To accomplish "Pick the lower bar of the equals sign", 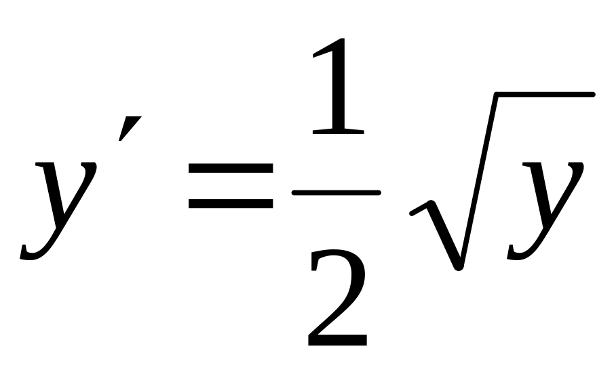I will point(231,203).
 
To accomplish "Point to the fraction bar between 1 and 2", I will point(336,192).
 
